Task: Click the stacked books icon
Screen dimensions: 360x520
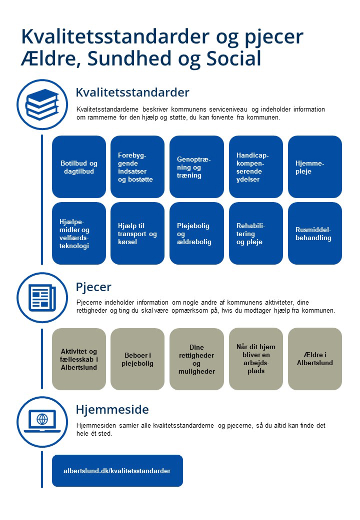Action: pos(42,104)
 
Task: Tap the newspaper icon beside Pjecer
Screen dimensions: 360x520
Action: pos(42,297)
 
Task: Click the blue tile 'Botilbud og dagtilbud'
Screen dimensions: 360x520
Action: pos(79,167)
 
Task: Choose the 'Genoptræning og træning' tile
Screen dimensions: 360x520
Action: pos(196,167)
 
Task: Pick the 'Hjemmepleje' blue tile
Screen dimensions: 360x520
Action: pos(315,167)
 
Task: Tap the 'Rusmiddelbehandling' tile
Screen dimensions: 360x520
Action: pos(315,233)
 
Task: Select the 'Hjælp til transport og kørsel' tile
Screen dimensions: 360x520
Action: pos(137,233)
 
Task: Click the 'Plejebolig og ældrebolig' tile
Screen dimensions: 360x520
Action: pos(196,233)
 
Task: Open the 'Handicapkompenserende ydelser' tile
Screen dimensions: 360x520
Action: pos(256,167)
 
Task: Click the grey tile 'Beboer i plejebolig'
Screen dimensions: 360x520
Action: pos(137,359)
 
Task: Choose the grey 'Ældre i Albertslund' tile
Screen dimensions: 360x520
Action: pos(315,359)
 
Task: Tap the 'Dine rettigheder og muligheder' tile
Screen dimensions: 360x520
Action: pos(196,359)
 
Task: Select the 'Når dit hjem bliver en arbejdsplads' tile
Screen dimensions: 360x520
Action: pos(256,359)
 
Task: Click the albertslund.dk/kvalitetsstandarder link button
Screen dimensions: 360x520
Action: pos(117,471)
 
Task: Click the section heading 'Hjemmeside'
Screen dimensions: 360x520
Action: pos(112,409)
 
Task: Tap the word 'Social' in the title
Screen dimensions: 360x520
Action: pos(234,58)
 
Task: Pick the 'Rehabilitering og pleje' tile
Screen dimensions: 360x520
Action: pos(256,233)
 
